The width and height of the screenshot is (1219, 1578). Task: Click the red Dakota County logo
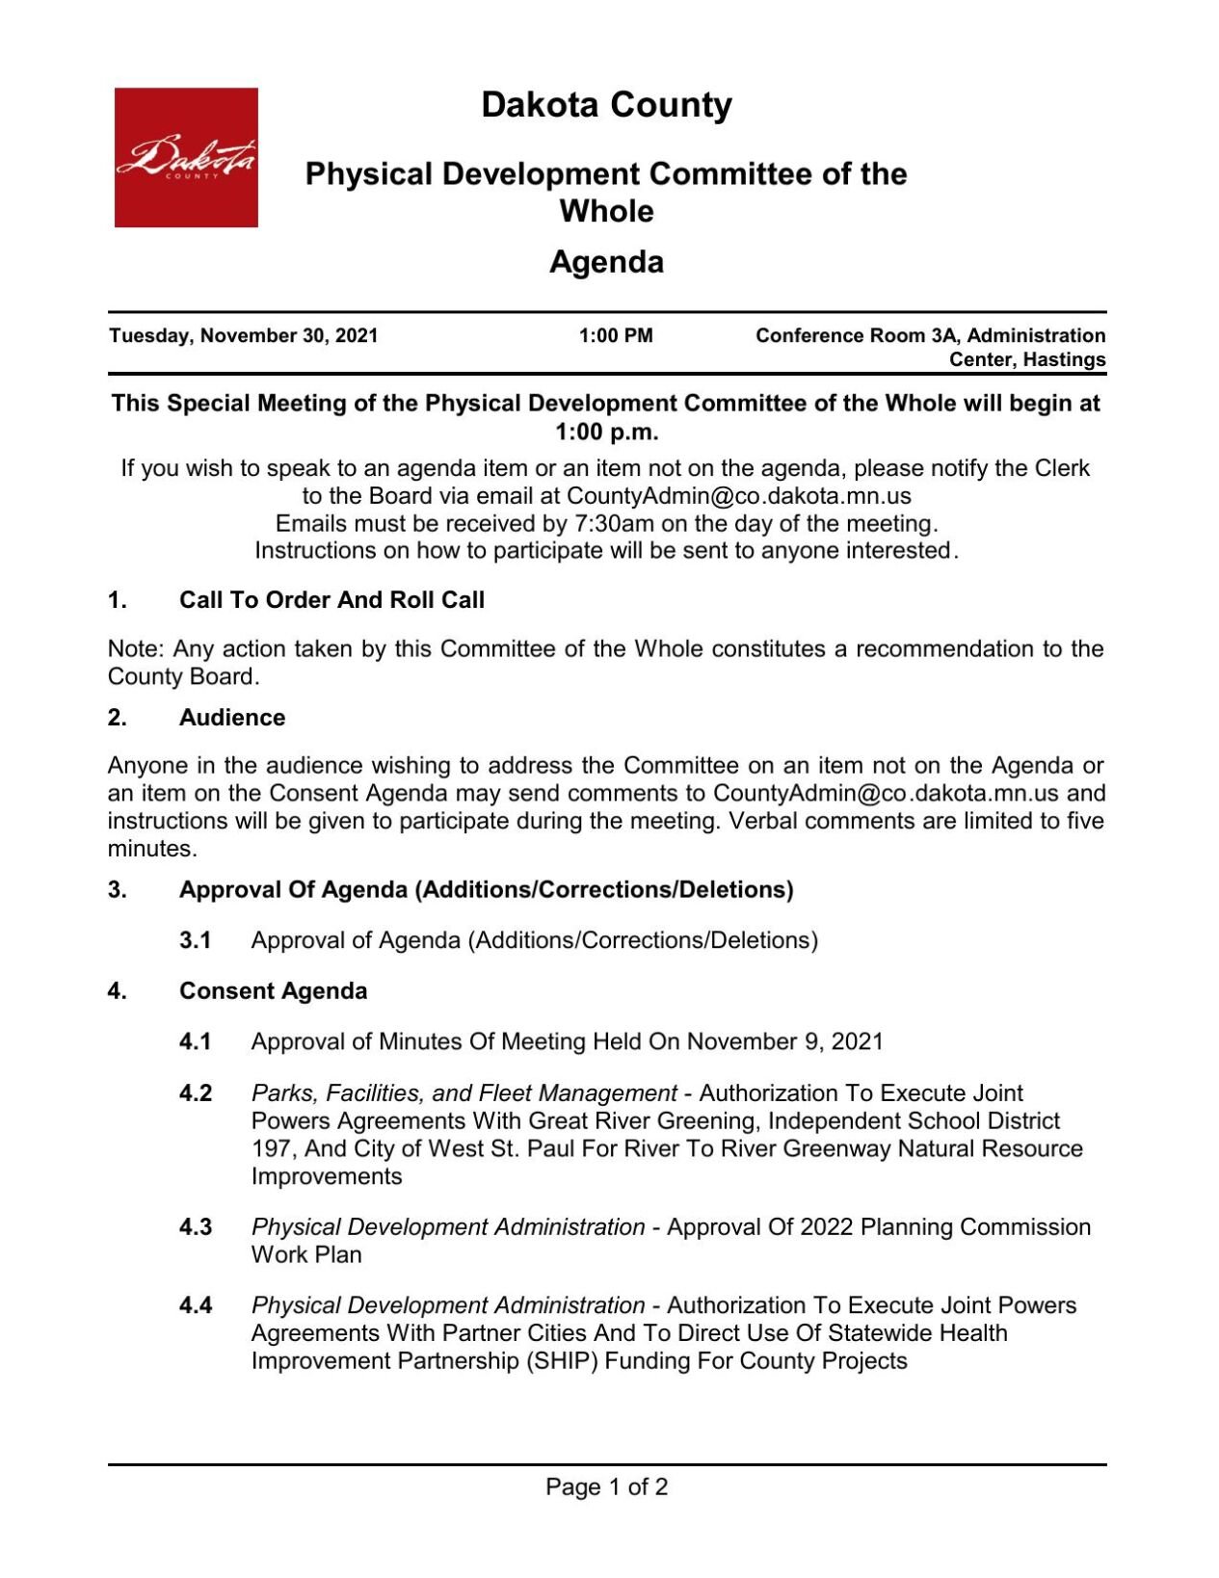click(186, 158)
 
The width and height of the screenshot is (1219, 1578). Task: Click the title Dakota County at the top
click(606, 105)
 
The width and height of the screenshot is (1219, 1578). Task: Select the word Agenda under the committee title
click(606, 262)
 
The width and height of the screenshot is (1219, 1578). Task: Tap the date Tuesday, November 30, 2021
click(243, 336)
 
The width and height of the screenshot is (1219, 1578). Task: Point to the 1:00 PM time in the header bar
click(615, 336)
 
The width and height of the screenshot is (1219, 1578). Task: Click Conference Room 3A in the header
click(858, 336)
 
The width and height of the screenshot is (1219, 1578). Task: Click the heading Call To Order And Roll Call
click(331, 600)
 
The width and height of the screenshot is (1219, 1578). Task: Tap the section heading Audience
click(232, 718)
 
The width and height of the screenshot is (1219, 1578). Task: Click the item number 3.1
click(195, 940)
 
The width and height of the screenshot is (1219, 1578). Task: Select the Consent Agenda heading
click(273, 991)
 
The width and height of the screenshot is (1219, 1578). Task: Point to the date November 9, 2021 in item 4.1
click(784, 1042)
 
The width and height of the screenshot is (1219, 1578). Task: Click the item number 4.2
click(195, 1093)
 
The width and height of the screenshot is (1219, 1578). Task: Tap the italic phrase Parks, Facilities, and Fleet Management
click(464, 1093)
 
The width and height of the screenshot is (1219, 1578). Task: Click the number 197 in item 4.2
click(271, 1149)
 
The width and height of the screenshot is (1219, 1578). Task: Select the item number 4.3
click(195, 1227)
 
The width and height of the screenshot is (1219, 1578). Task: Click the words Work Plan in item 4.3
click(306, 1255)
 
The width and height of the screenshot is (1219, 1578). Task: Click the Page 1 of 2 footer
click(606, 1487)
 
